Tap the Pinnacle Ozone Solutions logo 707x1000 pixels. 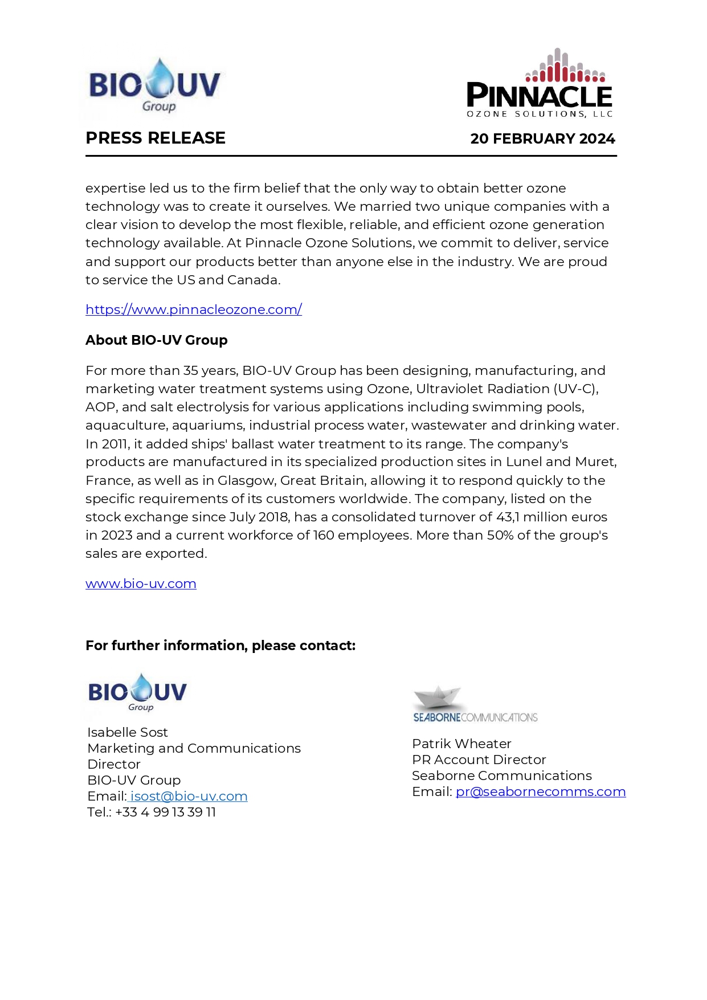pyautogui.click(x=539, y=84)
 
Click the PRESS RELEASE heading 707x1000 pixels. pyautogui.click(x=156, y=138)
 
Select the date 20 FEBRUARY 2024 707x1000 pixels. pyautogui.click(x=542, y=138)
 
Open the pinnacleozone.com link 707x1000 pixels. pyautogui.click(x=194, y=309)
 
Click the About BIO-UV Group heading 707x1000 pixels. pyautogui.click(x=157, y=340)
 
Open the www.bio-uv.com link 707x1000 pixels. pyautogui.click(x=141, y=583)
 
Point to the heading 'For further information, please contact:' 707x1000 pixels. pyautogui.click(x=220, y=646)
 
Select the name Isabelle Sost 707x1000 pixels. pyautogui.click(x=128, y=732)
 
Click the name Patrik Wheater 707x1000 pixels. pyautogui.click(x=461, y=744)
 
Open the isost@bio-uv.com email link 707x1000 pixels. pyautogui.click(x=189, y=796)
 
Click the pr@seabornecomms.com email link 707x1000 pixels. pyautogui.click(x=541, y=791)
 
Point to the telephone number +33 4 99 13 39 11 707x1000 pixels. pyautogui.click(x=165, y=812)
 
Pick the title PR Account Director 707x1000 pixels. pyautogui.click(x=479, y=760)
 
